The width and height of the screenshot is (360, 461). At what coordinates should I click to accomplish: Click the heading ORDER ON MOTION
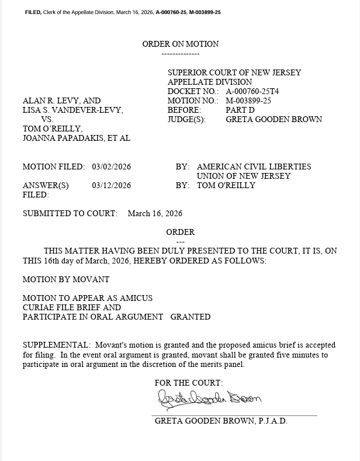[x=181, y=44]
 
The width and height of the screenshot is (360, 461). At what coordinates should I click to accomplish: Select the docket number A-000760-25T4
[x=252, y=91]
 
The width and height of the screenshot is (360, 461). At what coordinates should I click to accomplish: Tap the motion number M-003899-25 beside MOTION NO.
[x=248, y=100]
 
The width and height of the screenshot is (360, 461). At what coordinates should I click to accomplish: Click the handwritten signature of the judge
[x=209, y=400]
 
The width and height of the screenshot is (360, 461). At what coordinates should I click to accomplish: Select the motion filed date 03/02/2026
[x=112, y=167]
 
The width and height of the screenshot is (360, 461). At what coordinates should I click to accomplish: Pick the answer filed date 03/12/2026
[x=112, y=185]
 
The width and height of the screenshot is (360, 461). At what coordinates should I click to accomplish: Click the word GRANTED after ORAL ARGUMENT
[x=191, y=317]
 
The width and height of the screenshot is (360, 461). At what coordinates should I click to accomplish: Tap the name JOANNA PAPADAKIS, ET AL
[x=77, y=138]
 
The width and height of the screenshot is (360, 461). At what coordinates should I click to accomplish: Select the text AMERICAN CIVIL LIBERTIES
[x=254, y=167]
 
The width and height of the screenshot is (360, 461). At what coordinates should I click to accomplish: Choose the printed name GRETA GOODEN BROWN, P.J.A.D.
[x=221, y=421]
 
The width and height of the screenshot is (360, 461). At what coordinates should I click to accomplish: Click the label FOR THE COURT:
[x=188, y=383]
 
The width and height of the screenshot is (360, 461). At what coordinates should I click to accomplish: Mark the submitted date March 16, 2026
[x=155, y=213]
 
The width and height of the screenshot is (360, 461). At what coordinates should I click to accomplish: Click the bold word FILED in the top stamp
[x=33, y=12]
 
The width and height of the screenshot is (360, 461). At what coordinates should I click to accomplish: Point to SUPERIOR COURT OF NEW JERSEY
[x=234, y=72]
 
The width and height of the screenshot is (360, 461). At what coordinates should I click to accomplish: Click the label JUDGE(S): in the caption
[x=186, y=119]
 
